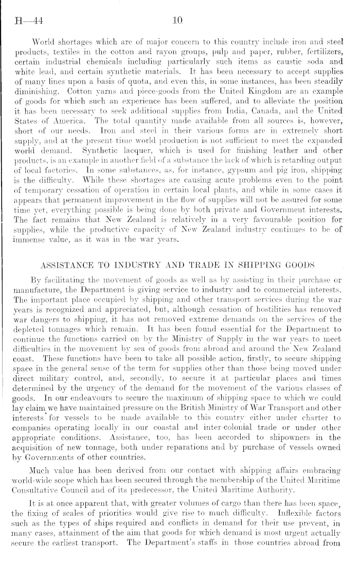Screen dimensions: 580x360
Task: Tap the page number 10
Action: tap(179, 21)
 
